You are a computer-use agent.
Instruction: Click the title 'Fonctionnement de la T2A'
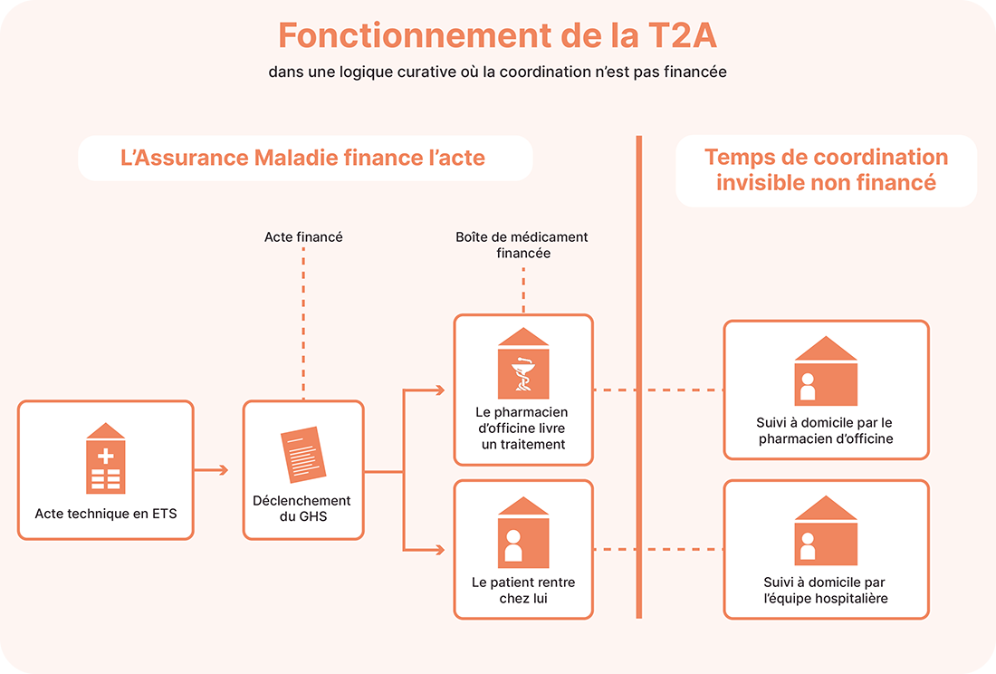498,35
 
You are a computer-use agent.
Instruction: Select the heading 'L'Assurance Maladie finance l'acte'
303,158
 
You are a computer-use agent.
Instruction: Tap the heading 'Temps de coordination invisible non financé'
826,169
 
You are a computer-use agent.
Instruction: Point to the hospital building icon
105,458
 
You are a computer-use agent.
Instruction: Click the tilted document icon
302,454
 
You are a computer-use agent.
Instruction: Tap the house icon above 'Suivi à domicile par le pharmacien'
825,371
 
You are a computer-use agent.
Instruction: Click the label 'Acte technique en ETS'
106,514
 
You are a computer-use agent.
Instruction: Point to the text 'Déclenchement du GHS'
302,508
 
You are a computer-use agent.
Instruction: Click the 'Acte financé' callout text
303,237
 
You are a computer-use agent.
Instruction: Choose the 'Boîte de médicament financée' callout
522,246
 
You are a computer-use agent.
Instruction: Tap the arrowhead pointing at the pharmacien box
440,390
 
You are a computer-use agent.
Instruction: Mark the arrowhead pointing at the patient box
440,550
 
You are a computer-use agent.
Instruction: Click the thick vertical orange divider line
638,377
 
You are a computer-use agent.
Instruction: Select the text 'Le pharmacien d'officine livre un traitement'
523,428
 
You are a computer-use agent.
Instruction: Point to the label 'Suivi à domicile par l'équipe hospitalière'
825,591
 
